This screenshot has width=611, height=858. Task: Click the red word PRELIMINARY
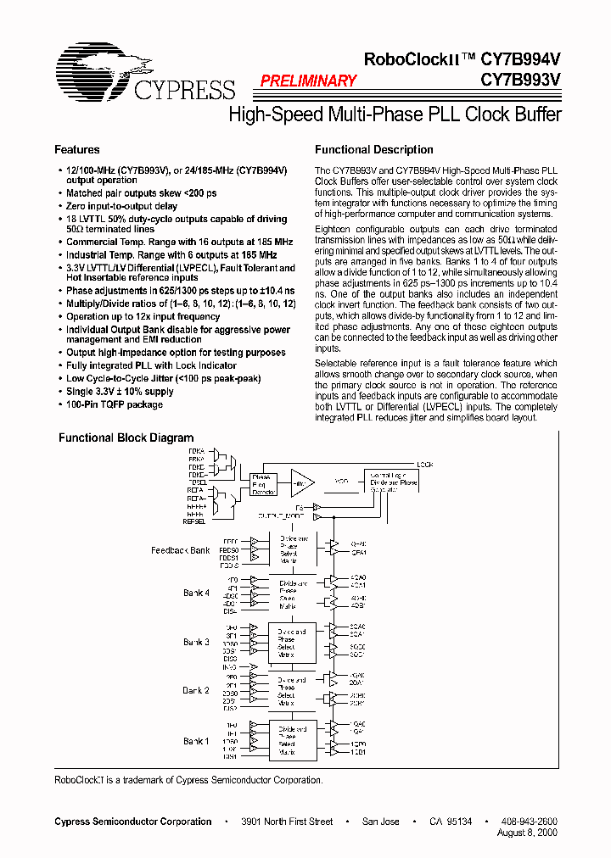pyautogui.click(x=308, y=81)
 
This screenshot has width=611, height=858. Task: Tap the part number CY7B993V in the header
pyautogui.click(x=519, y=81)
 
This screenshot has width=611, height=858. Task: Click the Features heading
pyautogui.click(x=77, y=150)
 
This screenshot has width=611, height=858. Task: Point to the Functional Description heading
pyautogui.click(x=374, y=150)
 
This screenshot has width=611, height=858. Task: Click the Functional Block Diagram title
pyautogui.click(x=126, y=438)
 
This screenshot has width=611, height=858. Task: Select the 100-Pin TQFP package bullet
pyautogui.click(x=115, y=404)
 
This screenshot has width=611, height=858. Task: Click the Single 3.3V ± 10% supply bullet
pyautogui.click(x=120, y=392)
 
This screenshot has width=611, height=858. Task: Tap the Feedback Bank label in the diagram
pyautogui.click(x=181, y=550)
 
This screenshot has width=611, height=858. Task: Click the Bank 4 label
pyautogui.click(x=196, y=593)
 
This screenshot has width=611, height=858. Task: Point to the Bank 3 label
pyautogui.click(x=196, y=642)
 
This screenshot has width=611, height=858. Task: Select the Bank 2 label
pyautogui.click(x=196, y=691)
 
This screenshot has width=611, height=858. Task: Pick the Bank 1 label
pyautogui.click(x=196, y=741)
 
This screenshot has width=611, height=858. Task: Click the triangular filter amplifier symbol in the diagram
pyautogui.click(x=300, y=482)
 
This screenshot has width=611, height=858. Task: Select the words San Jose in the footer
pyautogui.click(x=381, y=822)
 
